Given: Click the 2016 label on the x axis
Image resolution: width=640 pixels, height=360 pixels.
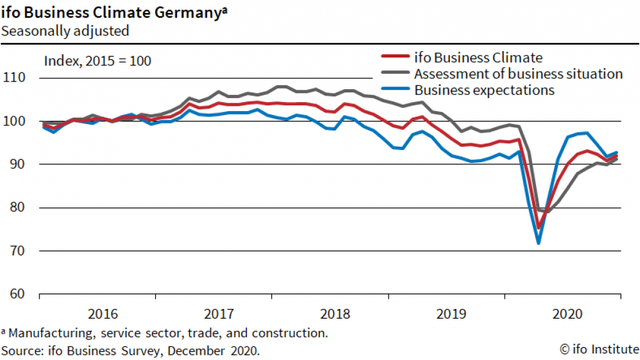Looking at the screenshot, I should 103,314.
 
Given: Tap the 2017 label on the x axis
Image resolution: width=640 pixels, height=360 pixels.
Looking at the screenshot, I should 219,314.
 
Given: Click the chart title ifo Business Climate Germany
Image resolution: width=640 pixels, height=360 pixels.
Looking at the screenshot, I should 114,12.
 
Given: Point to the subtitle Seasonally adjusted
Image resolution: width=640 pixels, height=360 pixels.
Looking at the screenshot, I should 65,30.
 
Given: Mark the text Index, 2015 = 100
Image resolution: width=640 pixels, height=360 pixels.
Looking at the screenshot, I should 97,61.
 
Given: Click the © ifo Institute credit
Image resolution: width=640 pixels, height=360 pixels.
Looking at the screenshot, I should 599,350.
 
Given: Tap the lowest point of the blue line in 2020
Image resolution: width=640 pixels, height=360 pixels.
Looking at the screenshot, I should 538,243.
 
